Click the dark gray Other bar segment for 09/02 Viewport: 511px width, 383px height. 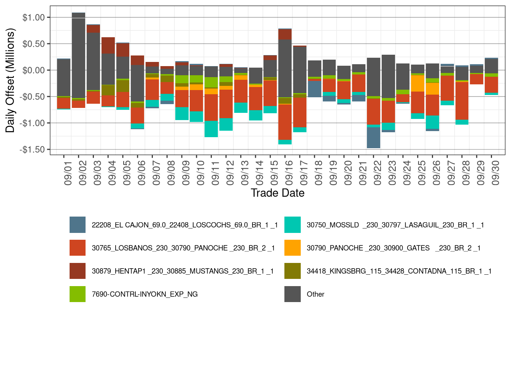78,55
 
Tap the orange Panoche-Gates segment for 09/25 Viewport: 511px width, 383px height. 417,84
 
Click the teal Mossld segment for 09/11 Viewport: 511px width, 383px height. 211,129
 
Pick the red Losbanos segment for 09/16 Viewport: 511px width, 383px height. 285,122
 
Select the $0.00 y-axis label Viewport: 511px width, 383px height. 34,70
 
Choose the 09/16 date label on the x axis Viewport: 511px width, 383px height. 289,173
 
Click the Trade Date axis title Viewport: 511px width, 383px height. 278,193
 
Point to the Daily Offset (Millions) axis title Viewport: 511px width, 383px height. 10,80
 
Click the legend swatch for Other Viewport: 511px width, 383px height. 292,294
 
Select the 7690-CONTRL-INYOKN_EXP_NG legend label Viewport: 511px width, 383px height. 144,294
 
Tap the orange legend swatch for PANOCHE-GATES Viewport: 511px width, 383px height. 292,248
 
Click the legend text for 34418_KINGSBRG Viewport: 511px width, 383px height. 399,271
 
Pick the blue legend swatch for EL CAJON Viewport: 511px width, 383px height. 78,225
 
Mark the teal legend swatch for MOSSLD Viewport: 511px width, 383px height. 292,225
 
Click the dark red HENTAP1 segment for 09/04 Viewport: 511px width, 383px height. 108,46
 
